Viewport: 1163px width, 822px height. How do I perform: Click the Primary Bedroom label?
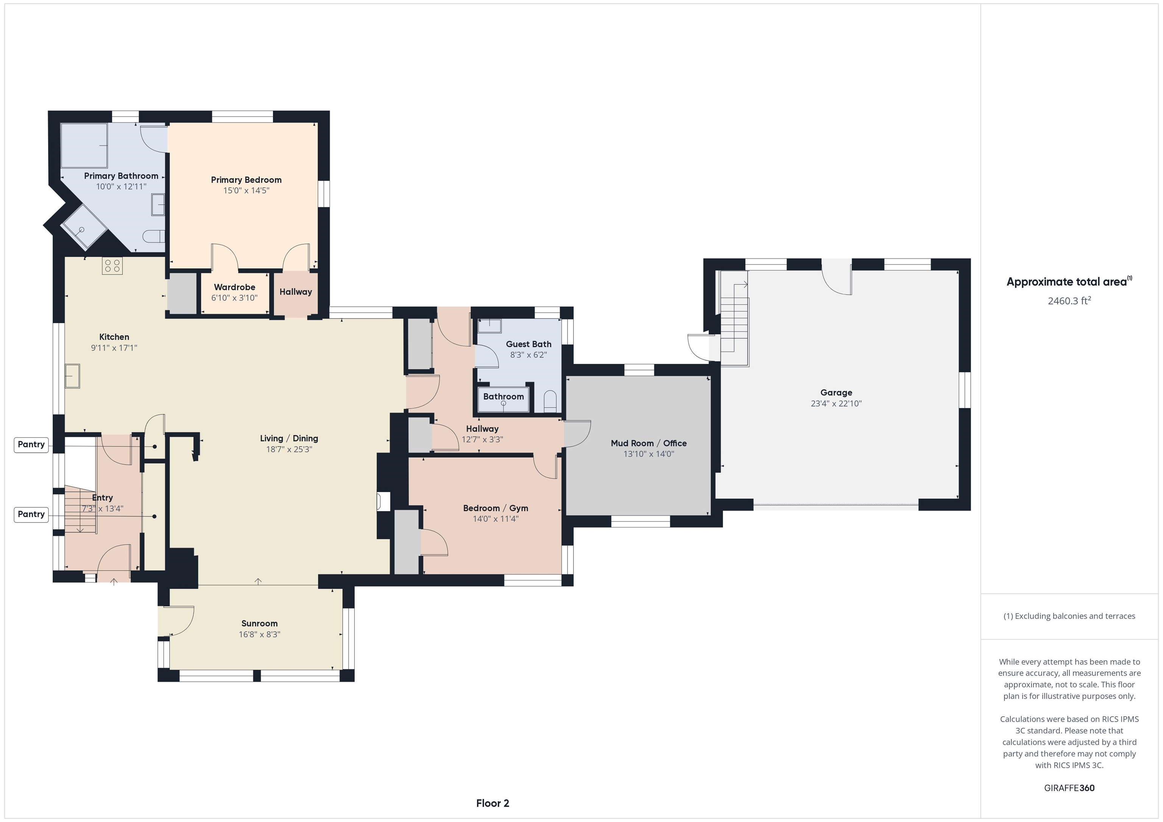tap(246, 180)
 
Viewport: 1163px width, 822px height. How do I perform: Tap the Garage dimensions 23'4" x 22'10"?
tap(836, 403)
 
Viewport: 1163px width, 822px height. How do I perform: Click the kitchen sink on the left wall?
tap(72, 376)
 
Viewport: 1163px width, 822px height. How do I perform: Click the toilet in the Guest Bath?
tap(550, 401)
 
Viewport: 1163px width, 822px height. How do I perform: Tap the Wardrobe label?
tap(234, 287)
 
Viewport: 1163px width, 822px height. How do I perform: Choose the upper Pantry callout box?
tap(31, 444)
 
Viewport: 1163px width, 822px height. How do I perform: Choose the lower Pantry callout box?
tap(31, 514)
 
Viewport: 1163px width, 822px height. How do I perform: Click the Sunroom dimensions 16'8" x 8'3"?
tap(259, 634)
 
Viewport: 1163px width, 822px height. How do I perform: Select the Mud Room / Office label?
tap(649, 443)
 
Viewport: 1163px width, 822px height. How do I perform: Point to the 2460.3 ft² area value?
tap(1069, 301)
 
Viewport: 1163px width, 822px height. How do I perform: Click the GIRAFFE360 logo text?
tap(1069, 788)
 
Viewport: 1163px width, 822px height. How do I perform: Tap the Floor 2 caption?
tap(493, 803)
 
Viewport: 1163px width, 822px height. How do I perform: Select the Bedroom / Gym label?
tap(496, 508)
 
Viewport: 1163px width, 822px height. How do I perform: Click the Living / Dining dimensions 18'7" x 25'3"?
tap(289, 449)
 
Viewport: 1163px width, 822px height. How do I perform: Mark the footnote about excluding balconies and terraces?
tap(1069, 616)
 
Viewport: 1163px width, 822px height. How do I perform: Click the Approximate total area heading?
tap(1069, 281)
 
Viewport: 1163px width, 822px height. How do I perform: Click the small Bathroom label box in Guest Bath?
tap(503, 396)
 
